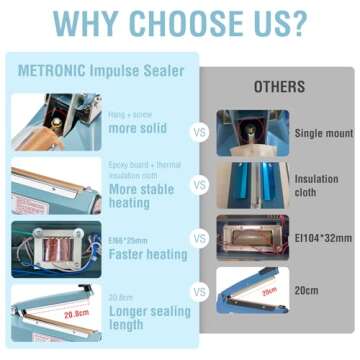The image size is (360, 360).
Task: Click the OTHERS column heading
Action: pos(279,87)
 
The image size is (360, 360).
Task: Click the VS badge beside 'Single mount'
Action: pos(200,132)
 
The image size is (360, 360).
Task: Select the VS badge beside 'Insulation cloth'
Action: pos(200,185)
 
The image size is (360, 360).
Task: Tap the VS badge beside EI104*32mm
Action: pos(200,239)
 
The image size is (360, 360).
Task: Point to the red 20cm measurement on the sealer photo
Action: pos(268,291)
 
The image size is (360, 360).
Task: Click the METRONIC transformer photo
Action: pos(55,247)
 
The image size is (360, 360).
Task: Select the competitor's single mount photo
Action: pos(252,132)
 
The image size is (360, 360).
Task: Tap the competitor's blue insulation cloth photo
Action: pos(252,186)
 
